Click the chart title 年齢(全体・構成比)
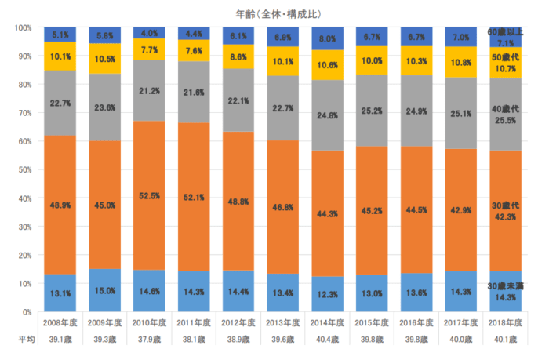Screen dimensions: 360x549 coord(278,13)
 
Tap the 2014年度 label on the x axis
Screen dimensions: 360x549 coord(328,323)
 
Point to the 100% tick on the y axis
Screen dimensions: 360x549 coord(22,28)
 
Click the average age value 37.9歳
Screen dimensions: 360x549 coord(149,340)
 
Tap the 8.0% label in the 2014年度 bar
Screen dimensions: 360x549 coord(328,38)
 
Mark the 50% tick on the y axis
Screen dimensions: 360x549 coord(24,169)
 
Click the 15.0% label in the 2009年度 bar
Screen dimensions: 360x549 coord(104,291)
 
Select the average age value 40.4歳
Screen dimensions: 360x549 coord(328,340)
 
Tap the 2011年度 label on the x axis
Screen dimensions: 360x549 coord(194,323)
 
